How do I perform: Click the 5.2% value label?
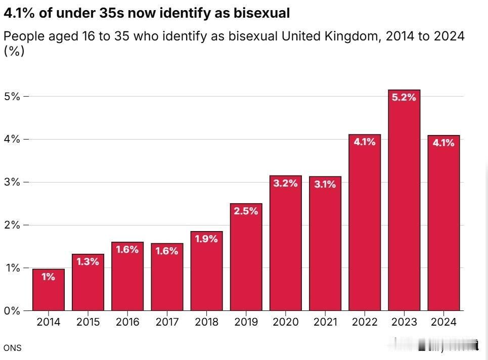click(x=405, y=98)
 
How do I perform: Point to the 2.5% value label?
click(x=246, y=211)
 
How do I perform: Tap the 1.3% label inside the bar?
click(x=88, y=262)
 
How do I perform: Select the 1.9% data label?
click(x=207, y=239)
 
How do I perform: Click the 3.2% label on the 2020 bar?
click(x=286, y=184)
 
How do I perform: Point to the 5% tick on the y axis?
click(x=12, y=96)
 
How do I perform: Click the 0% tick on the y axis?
click(x=12, y=310)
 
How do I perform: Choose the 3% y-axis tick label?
click(x=12, y=182)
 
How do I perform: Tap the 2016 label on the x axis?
click(x=127, y=322)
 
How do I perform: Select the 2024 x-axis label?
click(x=444, y=322)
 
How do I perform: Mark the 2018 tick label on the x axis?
click(x=207, y=322)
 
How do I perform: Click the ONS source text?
click(x=12, y=348)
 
